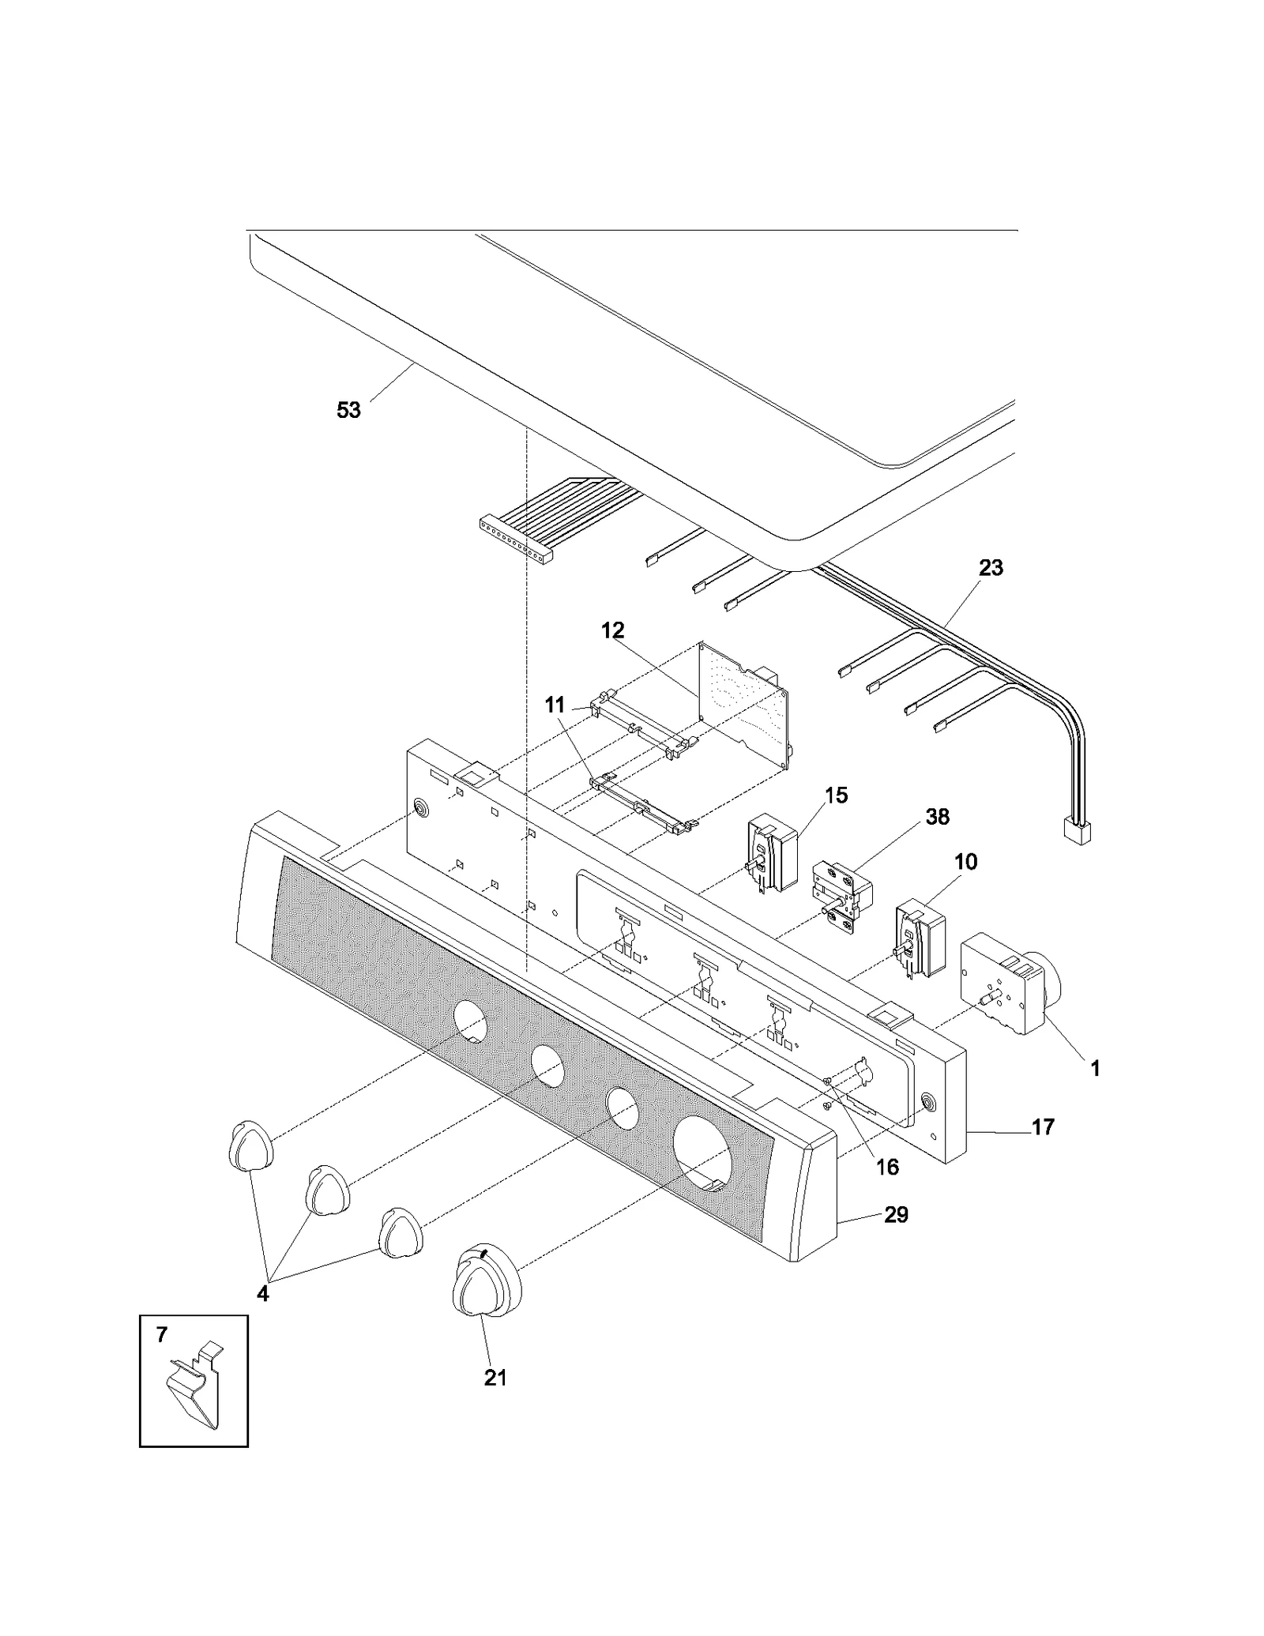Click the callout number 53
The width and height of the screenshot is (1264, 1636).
(348, 410)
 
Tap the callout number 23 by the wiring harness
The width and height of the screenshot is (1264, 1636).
(991, 567)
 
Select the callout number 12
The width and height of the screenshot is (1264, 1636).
(612, 630)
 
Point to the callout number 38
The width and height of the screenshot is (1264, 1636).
(937, 816)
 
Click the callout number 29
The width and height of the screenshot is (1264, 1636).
(896, 1214)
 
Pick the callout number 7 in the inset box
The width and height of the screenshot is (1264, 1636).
(162, 1334)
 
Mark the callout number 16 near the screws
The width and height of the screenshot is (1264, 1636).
(887, 1166)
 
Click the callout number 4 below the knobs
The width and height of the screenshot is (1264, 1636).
(262, 1293)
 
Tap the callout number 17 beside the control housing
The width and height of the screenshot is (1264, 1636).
(1043, 1126)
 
